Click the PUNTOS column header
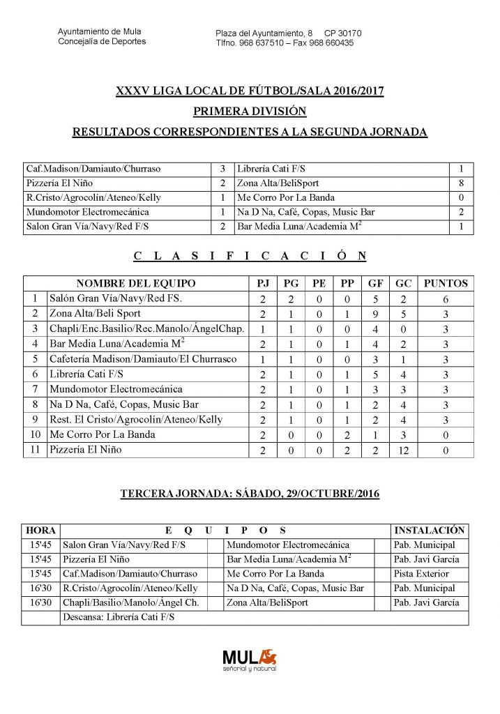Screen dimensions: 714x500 click(446, 283)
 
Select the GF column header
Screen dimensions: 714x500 click(376, 283)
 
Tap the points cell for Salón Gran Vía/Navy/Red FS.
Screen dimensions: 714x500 click(446, 298)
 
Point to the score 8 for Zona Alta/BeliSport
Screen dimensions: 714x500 click(461, 183)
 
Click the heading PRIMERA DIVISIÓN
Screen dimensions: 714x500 click(250, 111)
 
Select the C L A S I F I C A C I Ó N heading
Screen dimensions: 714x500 click(250, 256)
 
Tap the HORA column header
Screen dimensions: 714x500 click(40, 531)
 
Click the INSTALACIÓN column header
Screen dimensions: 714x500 click(429, 531)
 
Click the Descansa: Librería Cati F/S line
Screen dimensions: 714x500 click(119, 618)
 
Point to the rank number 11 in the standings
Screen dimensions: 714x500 click(35, 450)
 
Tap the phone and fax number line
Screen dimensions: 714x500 click(285, 43)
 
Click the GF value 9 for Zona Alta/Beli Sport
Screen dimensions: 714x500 click(376, 313)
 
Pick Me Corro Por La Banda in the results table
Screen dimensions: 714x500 click(286, 197)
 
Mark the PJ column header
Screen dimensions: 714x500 click(263, 283)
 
